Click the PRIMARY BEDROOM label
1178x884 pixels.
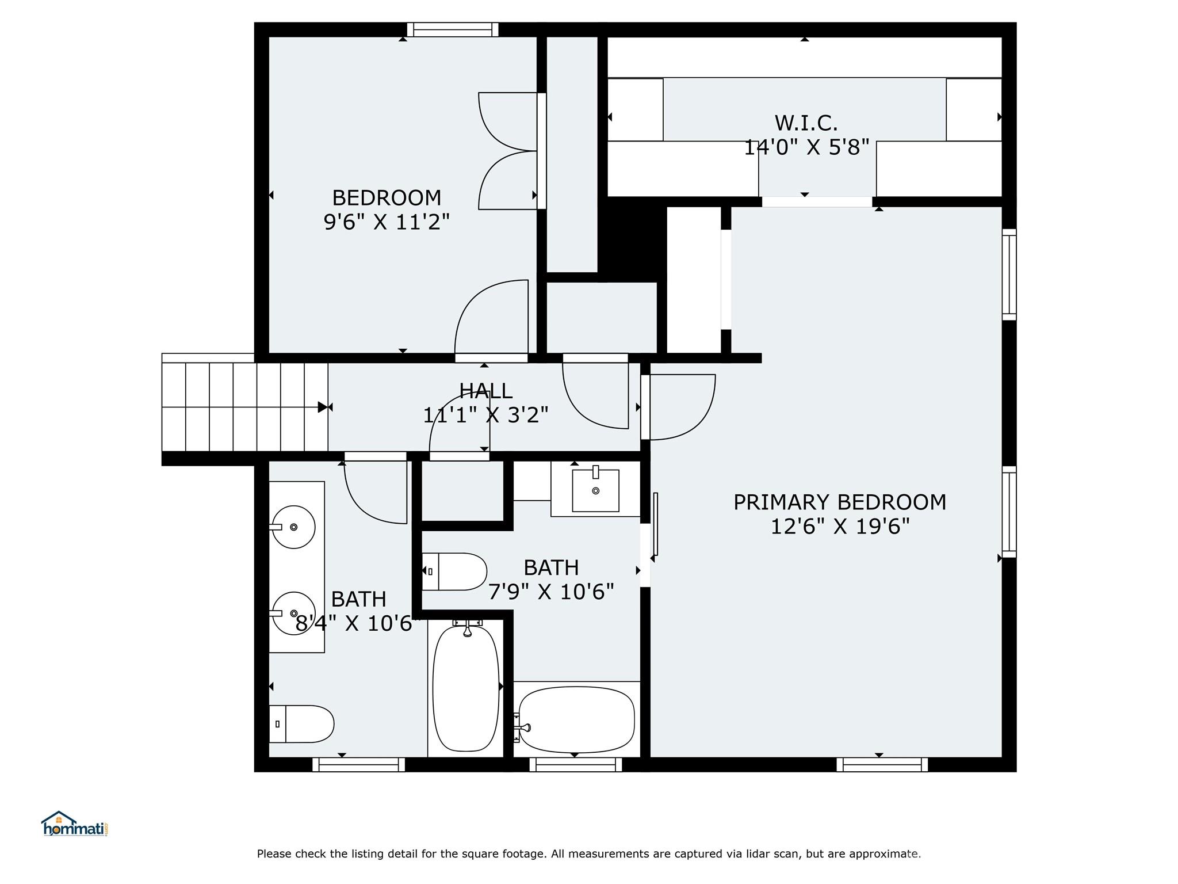tap(840, 502)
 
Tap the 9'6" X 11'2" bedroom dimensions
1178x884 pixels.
tap(387, 222)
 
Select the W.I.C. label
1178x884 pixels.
tap(806, 123)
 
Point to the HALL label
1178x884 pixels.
tap(486, 391)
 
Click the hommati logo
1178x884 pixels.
tap(75, 824)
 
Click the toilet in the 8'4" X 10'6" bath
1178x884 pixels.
tap(301, 724)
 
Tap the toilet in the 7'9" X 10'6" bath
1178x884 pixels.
tap(454, 571)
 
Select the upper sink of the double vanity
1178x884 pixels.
tap(293, 527)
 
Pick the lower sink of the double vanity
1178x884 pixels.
tap(293, 614)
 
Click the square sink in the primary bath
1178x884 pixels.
tap(595, 490)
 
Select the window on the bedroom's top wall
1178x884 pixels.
tap(453, 29)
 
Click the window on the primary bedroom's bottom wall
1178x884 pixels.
tap(882, 764)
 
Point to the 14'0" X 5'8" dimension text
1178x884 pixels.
tap(806, 147)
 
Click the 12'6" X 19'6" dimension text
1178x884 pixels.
tap(840, 527)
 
